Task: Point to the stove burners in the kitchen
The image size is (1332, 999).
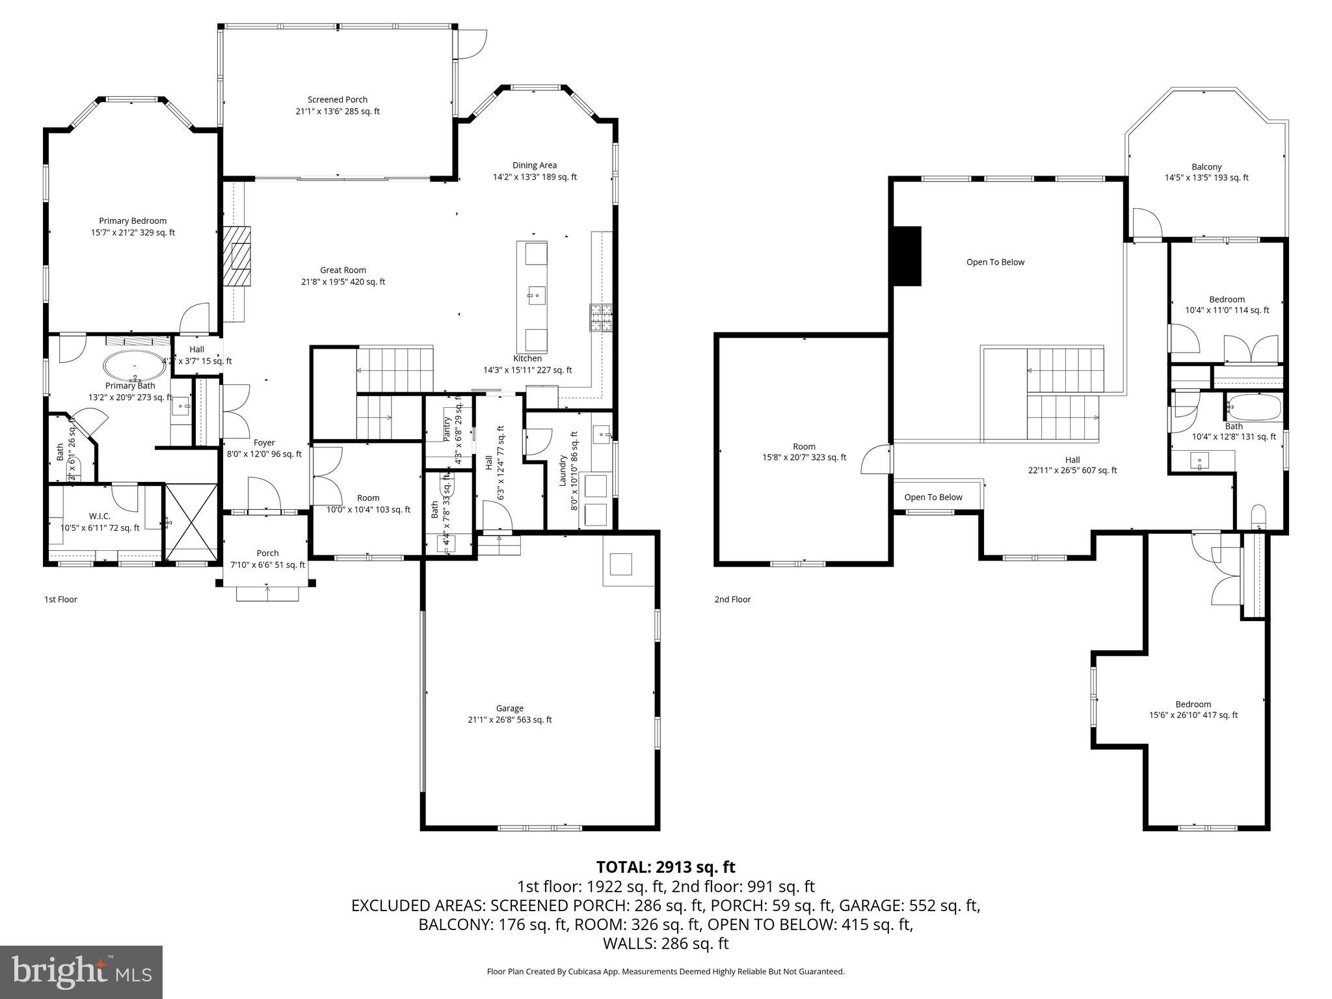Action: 602,318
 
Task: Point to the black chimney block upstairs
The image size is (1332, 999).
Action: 908,256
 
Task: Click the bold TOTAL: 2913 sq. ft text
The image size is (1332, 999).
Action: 665,867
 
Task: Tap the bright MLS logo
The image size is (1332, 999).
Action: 81,972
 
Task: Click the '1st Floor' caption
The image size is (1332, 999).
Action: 60,600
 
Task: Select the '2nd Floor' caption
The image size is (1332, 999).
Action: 732,600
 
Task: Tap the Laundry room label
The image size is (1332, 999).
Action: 563,471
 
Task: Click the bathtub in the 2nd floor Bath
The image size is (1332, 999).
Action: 1253,408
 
